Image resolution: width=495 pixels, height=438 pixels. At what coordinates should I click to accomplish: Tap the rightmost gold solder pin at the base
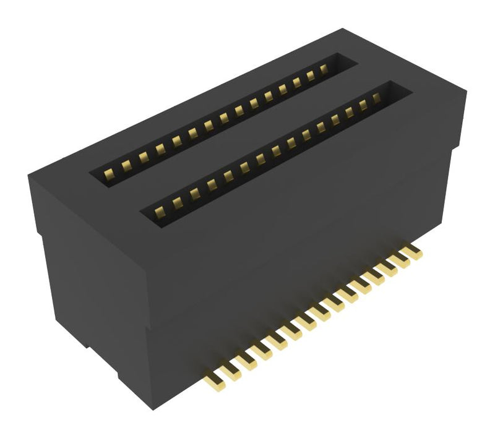point(413,252)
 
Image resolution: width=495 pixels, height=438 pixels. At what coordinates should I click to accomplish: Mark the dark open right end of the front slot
point(399,92)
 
